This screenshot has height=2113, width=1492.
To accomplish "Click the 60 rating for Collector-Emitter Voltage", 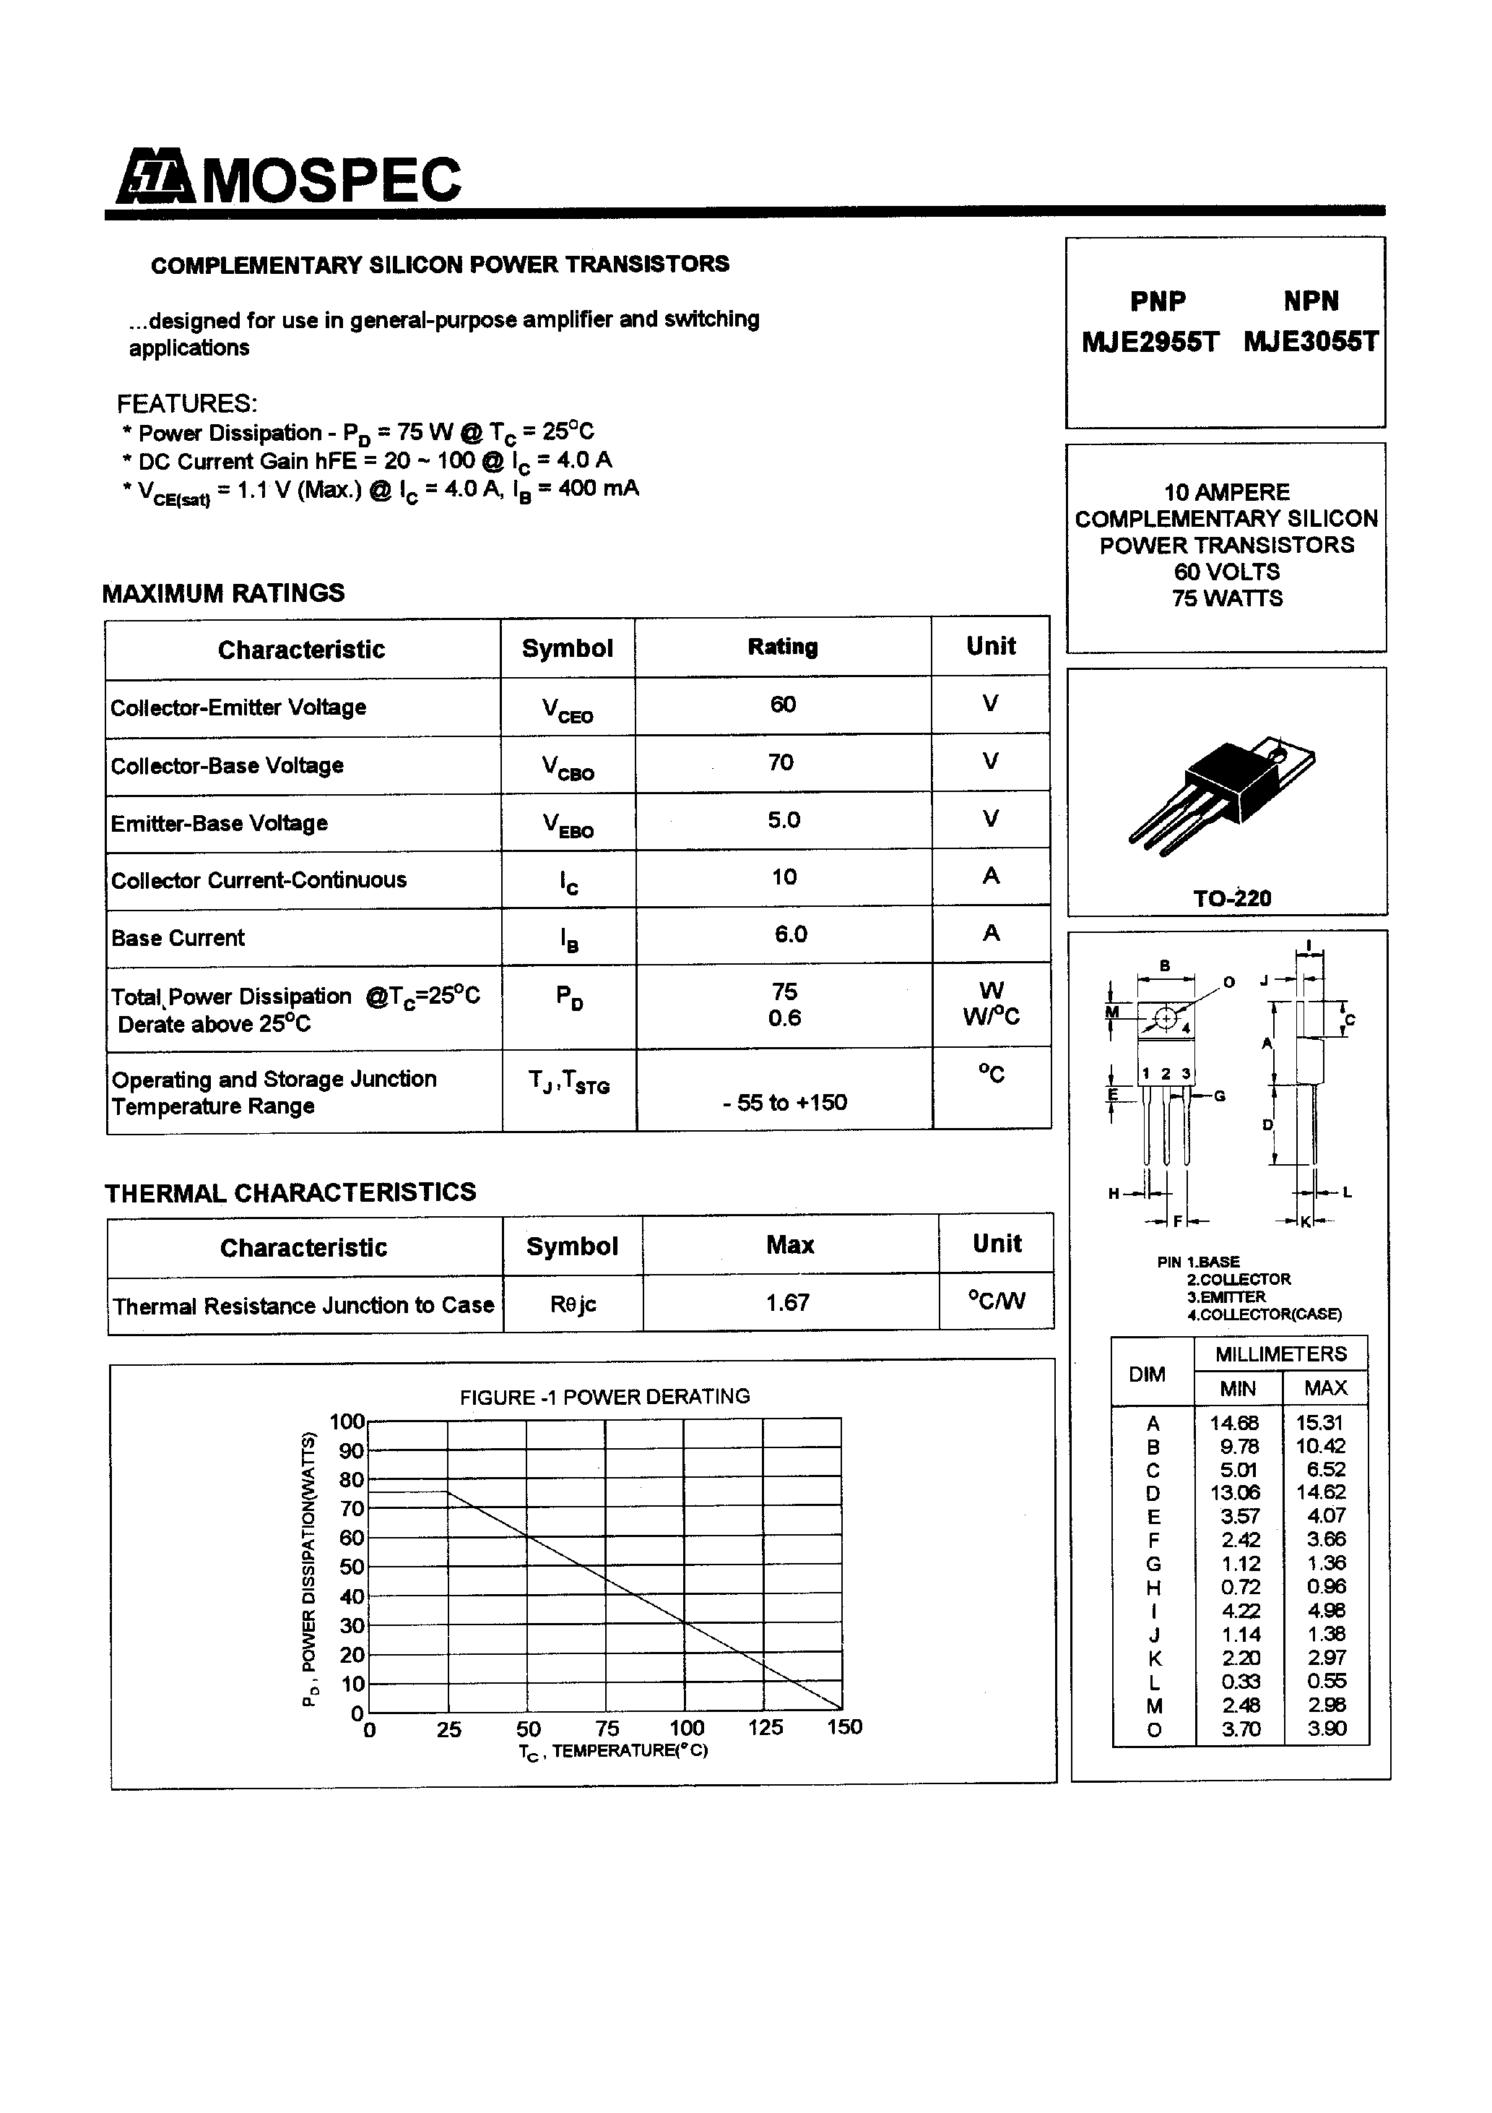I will pos(783,705).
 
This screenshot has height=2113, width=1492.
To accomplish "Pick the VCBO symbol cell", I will pos(568,767).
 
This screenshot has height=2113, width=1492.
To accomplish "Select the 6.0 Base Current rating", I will pos(790,935).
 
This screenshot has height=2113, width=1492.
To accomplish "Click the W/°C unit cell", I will pos(991,1017).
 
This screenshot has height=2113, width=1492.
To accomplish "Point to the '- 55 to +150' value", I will pos(784,1103).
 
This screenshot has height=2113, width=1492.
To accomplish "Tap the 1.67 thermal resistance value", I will pos(789,1302).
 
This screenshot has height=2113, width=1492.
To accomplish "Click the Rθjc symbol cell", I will pos(573,1304).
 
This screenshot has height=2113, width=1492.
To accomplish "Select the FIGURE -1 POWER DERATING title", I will pos(604,1397).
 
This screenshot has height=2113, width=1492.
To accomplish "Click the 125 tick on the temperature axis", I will pos(765,1727).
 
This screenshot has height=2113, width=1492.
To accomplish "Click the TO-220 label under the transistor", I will pos(1232,898).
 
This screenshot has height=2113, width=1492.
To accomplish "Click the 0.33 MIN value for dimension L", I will pos(1240,1682).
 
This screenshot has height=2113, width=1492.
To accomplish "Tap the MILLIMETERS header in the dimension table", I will pos(1280,1354).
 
